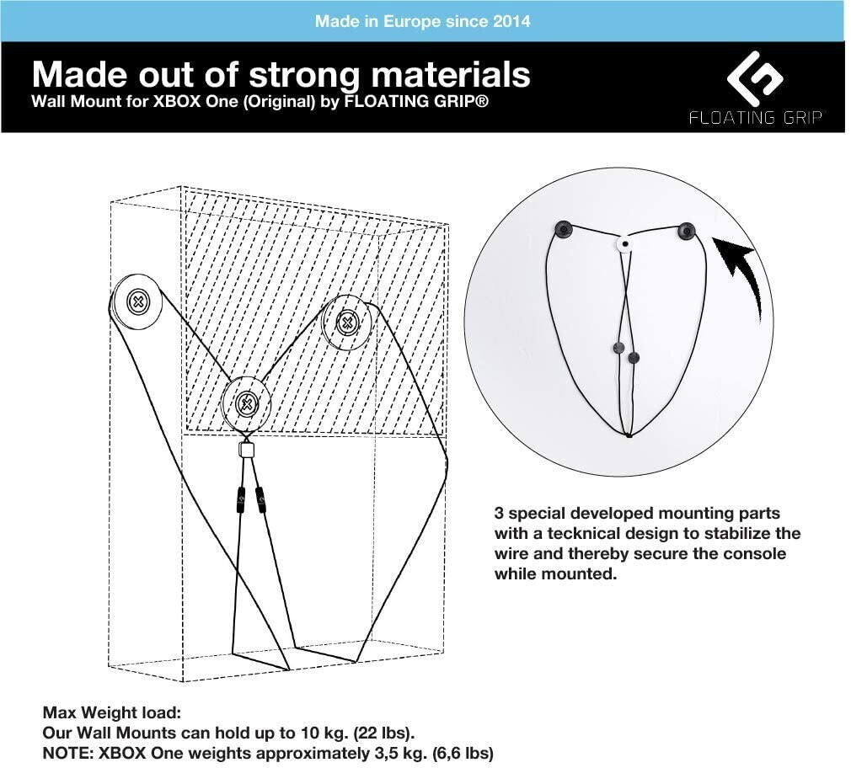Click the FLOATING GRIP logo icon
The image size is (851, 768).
pyautogui.click(x=755, y=79)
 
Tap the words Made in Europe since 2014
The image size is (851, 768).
pyautogui.click(x=422, y=20)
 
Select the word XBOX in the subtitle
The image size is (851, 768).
pyautogui.click(x=169, y=103)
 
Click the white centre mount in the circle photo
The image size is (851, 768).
pyautogui.click(x=624, y=243)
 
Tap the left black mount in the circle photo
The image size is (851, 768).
pyautogui.click(x=562, y=228)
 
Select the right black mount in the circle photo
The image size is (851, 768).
pyautogui.click(x=686, y=228)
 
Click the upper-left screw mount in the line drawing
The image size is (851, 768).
pyautogui.click(x=137, y=302)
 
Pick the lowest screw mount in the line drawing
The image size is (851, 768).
pyautogui.click(x=246, y=403)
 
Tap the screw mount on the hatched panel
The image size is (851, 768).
pyautogui.click(x=346, y=322)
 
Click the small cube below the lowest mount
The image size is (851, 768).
pyautogui.click(x=246, y=450)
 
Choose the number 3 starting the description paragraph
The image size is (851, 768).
pyautogui.click(x=499, y=513)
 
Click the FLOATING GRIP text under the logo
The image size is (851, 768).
pyautogui.click(x=755, y=117)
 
